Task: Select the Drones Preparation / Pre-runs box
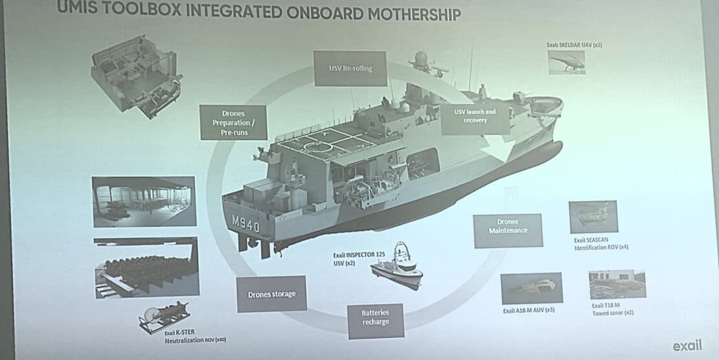233,122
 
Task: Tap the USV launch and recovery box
474,116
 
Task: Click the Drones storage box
271,295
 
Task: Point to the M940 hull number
245,224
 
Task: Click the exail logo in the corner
687,345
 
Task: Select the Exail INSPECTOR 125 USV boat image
397,265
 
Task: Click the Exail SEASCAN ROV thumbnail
593,217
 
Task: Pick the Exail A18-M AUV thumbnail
532,288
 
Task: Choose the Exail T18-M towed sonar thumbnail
617,284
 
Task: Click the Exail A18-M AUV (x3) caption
529,311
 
